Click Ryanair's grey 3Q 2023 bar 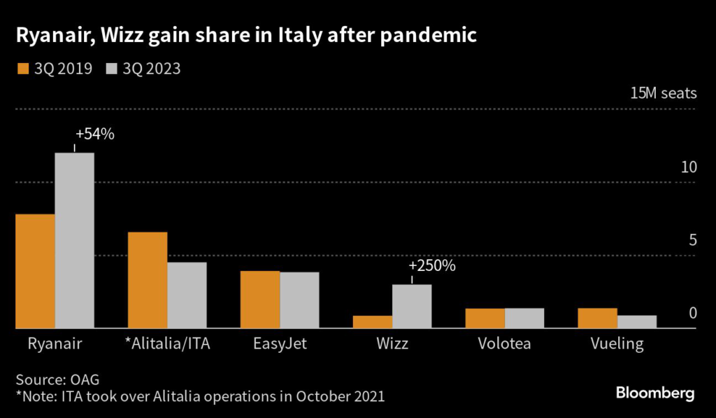[x=75, y=240]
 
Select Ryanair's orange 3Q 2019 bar [x=35, y=271]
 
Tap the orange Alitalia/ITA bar [x=148, y=280]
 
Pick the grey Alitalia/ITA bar [x=187, y=295]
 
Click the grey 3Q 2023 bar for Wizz [x=412, y=306]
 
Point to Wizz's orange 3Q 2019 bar [x=373, y=321]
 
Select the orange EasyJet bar [x=260, y=299]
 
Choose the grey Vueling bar [x=637, y=321]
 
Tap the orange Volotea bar [x=485, y=318]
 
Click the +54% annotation [x=94, y=134]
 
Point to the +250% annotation [x=432, y=266]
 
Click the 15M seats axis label [x=663, y=94]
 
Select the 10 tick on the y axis [x=689, y=167]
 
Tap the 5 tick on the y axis [x=692, y=240]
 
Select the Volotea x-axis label [x=505, y=344]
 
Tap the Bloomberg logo [x=655, y=393]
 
